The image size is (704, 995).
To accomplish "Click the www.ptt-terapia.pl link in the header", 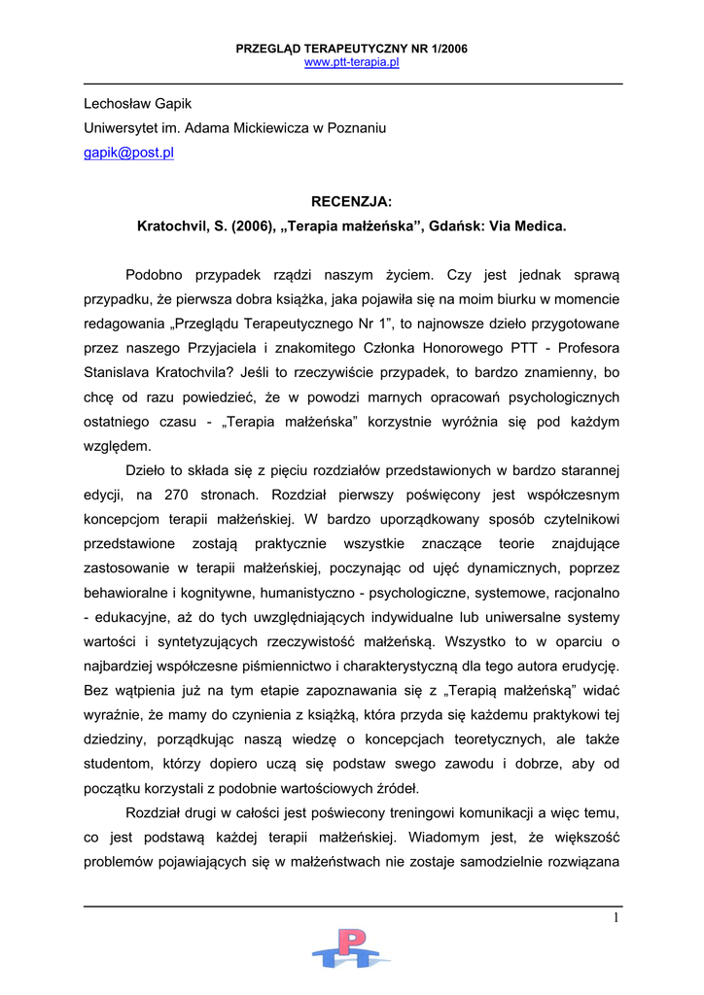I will (x=352, y=62).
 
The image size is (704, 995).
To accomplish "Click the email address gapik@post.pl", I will (x=128, y=153).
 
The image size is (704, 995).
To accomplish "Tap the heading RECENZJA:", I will (x=351, y=201).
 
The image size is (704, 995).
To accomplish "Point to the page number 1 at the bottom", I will (x=616, y=918).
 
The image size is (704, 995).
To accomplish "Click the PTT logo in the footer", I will (x=351, y=948).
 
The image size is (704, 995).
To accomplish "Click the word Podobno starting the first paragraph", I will (x=158, y=275).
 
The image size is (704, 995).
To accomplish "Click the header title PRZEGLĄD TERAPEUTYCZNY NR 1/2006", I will (x=352, y=49).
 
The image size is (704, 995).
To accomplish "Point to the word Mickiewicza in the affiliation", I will (x=272, y=127).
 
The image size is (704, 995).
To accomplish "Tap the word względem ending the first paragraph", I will (x=118, y=446).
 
